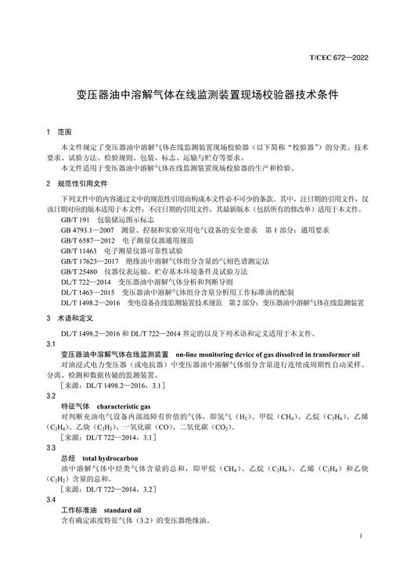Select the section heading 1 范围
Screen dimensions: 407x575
[59, 132]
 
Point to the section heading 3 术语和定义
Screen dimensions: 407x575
[70, 319]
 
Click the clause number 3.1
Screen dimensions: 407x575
[52, 344]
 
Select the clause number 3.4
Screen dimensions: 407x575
[52, 498]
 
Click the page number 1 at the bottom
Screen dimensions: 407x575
[358, 536]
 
